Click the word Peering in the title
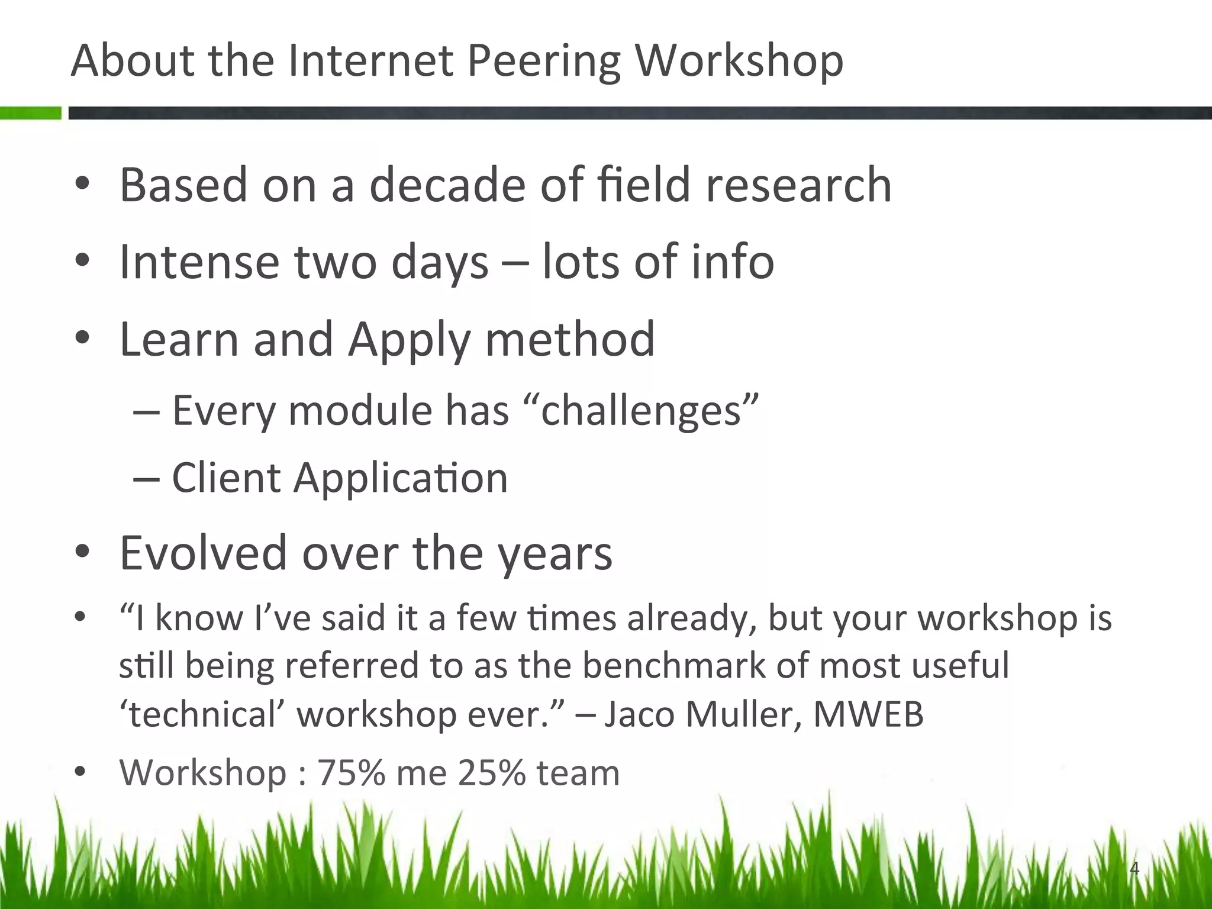coord(543,62)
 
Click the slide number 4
coord(1134,869)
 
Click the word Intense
coord(199,262)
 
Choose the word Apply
coord(410,340)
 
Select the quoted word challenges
coord(641,410)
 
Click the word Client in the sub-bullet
coord(225,477)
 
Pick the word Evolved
coord(203,553)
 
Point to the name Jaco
coord(639,714)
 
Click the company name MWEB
coord(868,714)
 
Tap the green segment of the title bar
coord(30,112)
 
